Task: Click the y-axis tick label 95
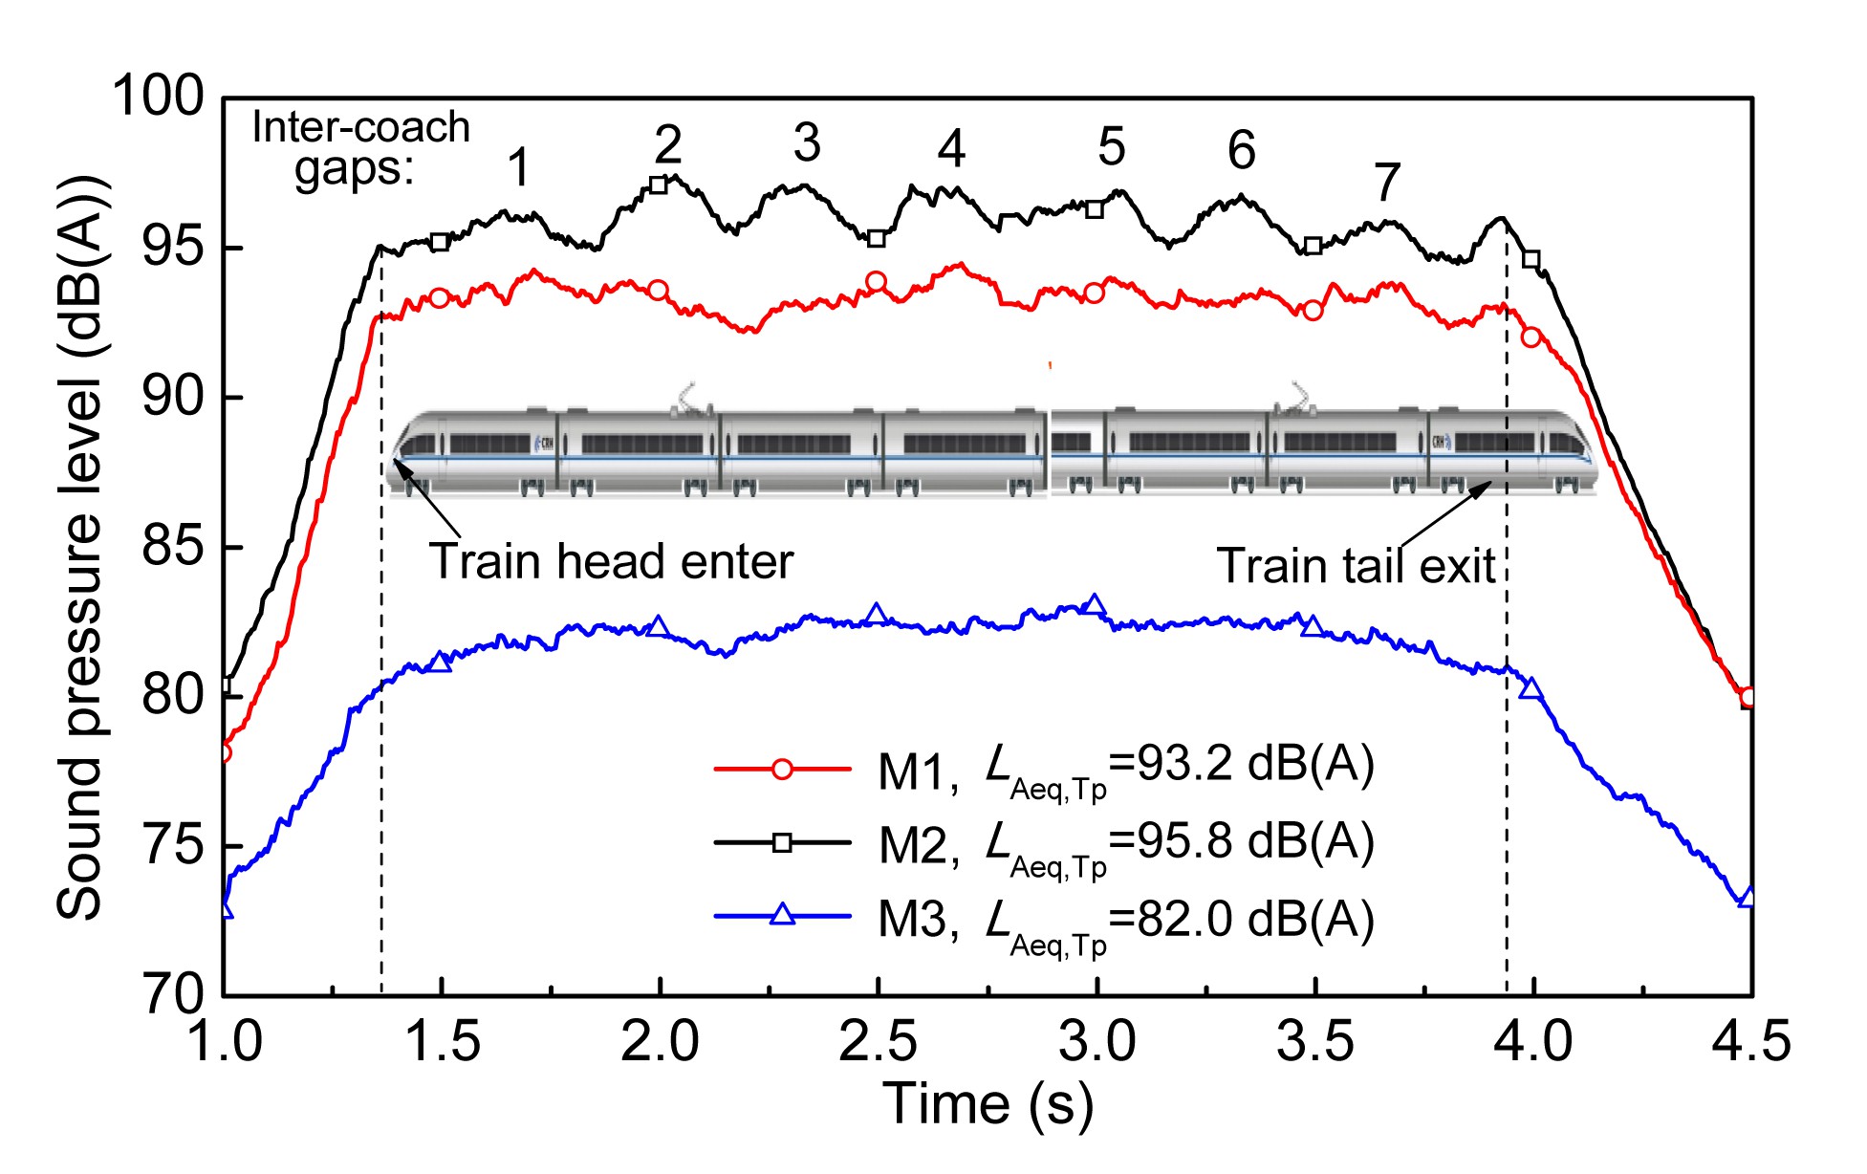[x=172, y=248]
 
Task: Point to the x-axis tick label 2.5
[x=878, y=1041]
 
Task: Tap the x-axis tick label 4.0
[x=1533, y=1041]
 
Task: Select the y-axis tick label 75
[x=172, y=846]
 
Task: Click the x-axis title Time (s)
[x=988, y=1104]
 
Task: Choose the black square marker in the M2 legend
[x=782, y=842]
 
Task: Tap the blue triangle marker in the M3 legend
[x=782, y=915]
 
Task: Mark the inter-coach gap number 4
[x=951, y=149]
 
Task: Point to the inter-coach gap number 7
[x=1387, y=182]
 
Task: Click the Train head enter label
[x=611, y=561]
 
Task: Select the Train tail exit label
[x=1356, y=566]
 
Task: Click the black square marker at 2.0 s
[x=659, y=185]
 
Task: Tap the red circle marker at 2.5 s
[x=877, y=282]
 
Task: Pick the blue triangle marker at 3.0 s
[x=1096, y=604]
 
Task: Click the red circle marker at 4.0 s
[x=1531, y=337]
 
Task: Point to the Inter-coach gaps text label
[x=360, y=148]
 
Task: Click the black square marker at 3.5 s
[x=1313, y=246]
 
